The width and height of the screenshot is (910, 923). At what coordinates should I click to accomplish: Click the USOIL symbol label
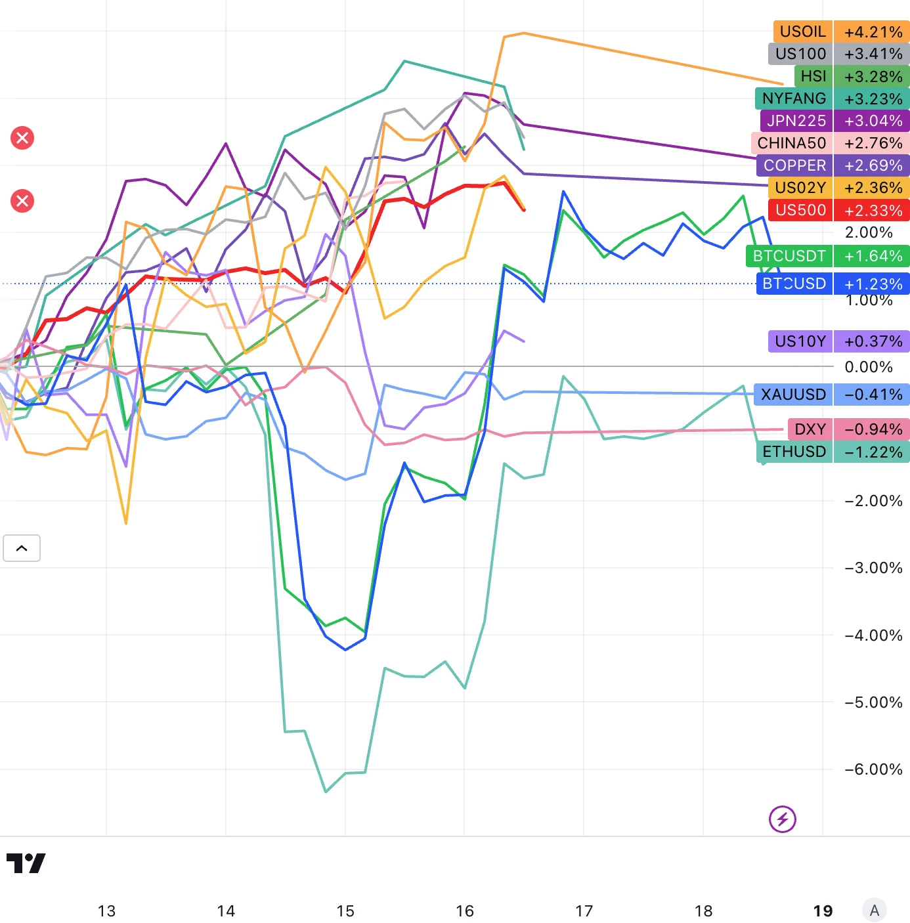(802, 32)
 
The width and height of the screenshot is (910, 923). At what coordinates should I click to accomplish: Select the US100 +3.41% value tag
(872, 54)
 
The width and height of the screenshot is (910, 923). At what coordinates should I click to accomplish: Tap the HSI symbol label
(813, 76)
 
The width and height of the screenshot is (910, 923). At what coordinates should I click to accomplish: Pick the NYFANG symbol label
(794, 98)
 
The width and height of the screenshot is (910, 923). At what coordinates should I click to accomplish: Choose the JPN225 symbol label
(796, 121)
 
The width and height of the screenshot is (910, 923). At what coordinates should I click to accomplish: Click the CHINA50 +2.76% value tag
(872, 143)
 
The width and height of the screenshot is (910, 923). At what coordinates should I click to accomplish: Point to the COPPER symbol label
(794, 165)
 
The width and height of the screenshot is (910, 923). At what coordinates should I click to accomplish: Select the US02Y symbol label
(800, 188)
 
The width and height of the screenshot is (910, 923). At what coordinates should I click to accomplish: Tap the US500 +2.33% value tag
(872, 210)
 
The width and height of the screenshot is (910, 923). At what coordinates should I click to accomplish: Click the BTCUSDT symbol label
(789, 256)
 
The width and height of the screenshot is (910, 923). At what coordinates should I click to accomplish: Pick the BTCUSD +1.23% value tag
(872, 284)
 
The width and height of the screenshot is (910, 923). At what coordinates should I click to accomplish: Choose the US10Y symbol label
(800, 341)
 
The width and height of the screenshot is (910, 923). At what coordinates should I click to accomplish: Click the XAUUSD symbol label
(793, 395)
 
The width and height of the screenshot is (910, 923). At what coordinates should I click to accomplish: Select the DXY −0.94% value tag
(872, 429)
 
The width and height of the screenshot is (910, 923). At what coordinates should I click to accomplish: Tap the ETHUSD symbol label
(794, 452)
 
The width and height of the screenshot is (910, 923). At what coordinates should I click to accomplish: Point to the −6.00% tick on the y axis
(873, 769)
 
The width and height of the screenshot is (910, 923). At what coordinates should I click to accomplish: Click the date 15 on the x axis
(345, 911)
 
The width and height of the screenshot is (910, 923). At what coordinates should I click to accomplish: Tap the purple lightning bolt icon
(782, 819)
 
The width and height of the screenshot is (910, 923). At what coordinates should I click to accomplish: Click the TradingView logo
(26, 863)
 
